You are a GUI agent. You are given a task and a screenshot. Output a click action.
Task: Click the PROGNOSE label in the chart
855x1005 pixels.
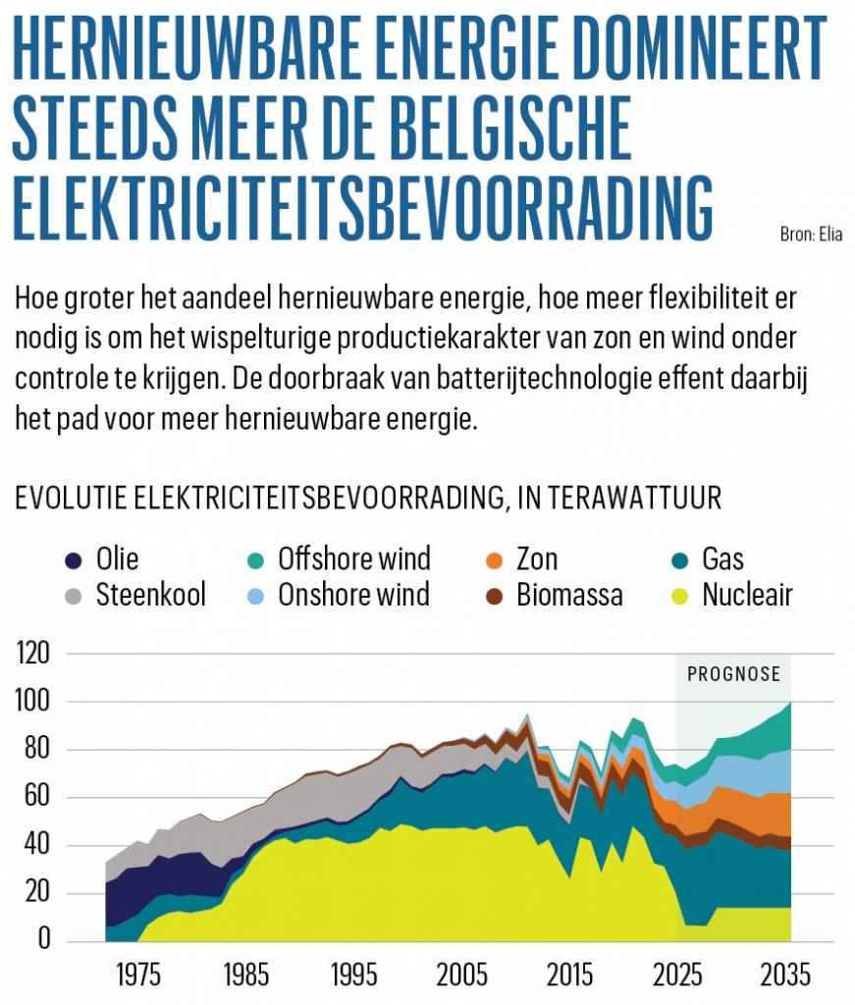pos(733,674)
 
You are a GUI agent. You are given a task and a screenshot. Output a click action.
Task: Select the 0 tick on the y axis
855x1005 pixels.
pos(43,940)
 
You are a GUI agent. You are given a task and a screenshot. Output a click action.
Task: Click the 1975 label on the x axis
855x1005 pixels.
pos(138,976)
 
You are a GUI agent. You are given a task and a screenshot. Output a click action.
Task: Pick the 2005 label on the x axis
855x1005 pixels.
pos(461,976)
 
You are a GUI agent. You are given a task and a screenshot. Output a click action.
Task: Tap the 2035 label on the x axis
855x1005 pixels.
pos(786,976)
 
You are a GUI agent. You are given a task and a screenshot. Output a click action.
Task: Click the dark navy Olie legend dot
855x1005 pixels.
pos(74,560)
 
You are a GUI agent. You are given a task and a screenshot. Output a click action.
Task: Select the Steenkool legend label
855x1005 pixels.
pos(150,595)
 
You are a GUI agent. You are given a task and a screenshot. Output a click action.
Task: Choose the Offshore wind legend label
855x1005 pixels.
pos(354,559)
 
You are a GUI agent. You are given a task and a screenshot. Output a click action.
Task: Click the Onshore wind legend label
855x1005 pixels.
pos(353,595)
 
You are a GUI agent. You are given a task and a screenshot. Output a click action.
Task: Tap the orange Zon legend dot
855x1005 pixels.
pos(494,560)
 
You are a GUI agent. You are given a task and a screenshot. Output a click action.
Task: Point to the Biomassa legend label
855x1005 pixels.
pos(569,595)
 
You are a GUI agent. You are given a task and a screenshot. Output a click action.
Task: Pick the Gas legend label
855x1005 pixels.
pos(722,559)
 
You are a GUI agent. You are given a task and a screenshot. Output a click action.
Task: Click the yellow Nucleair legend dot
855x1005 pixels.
pos(679,596)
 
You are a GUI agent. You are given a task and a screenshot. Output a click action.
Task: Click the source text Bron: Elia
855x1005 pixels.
pos(811,235)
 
